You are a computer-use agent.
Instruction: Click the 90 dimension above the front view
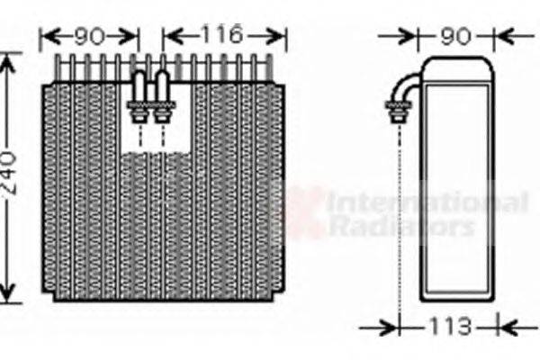tap(89, 36)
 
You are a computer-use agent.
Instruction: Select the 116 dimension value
tap(222, 34)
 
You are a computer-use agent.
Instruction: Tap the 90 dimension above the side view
tap(455, 36)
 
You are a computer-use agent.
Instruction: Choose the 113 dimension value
tap(449, 326)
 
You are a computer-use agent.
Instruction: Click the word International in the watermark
tap(427, 202)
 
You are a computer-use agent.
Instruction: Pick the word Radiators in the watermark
tap(402, 226)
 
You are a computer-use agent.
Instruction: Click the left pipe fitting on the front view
tap(139, 97)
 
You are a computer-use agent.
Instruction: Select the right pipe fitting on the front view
tap(162, 97)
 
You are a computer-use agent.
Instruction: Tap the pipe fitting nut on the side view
tap(399, 112)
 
